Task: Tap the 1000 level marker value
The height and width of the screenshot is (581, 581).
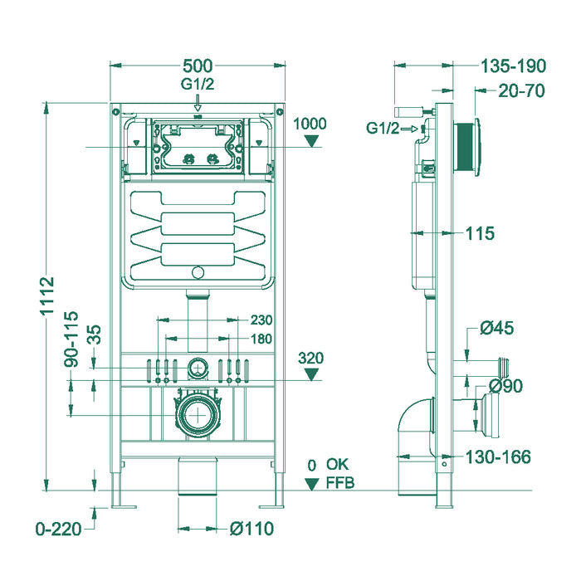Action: [x=311, y=124]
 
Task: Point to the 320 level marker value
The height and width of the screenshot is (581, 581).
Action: [x=311, y=358]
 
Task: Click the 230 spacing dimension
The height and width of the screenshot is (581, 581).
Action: [x=261, y=320]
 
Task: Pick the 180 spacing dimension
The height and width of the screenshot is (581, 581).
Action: [x=261, y=338]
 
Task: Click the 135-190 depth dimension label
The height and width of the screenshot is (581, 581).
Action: [x=511, y=66]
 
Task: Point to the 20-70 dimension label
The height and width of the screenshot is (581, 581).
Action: [x=520, y=90]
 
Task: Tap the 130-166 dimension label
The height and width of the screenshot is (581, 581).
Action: [x=498, y=456]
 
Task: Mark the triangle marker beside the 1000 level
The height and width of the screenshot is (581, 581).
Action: [x=311, y=141]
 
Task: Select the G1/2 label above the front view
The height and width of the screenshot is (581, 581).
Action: [x=198, y=84]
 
